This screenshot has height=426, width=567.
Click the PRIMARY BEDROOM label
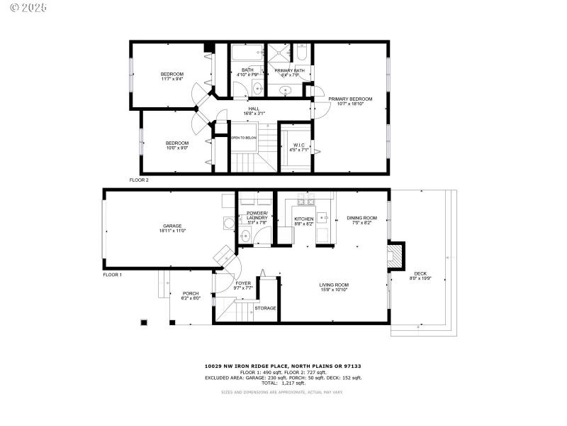point(346,99)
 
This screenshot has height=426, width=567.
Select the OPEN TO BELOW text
point(244,138)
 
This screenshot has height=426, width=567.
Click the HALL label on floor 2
point(253,109)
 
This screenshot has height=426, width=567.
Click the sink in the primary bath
point(285,90)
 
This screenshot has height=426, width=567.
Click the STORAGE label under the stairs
point(265,308)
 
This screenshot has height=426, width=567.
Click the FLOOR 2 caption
point(139,180)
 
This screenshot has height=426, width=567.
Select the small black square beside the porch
point(145,322)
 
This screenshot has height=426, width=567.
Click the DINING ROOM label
point(361,218)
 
